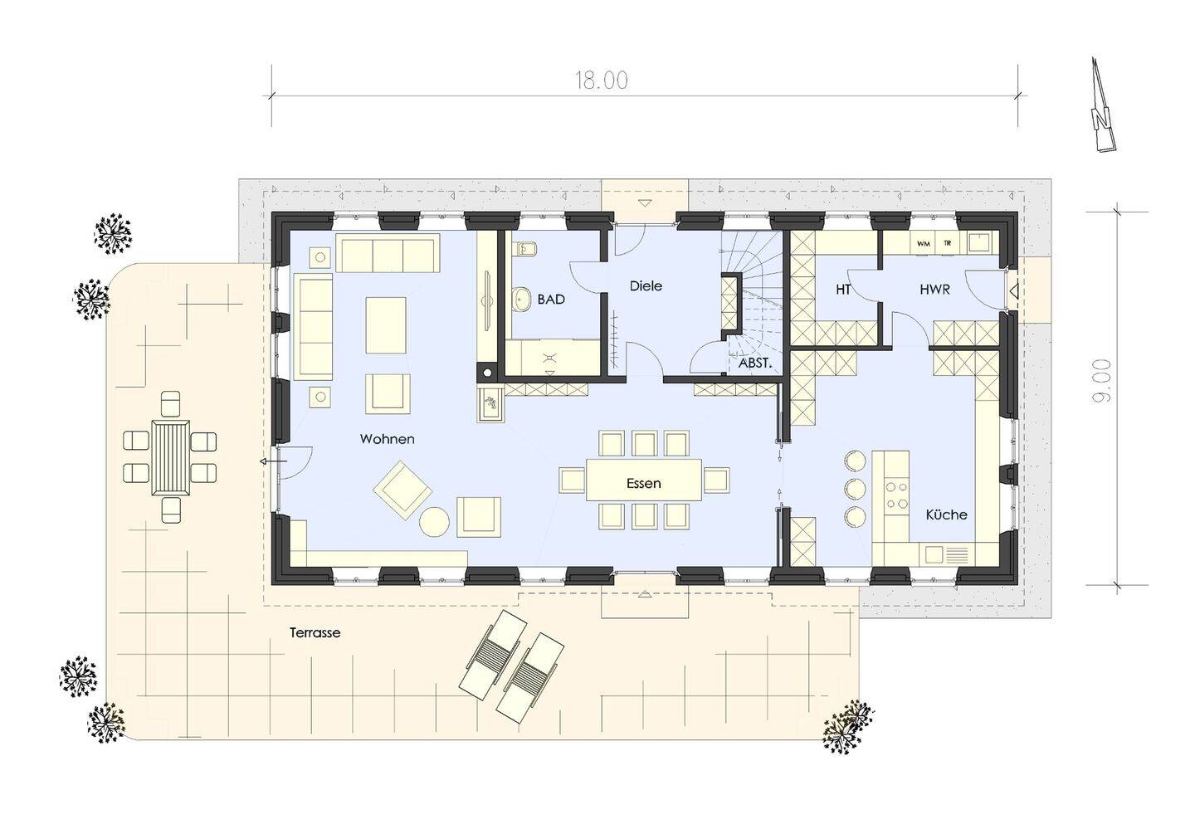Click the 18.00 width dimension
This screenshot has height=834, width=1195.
[x=601, y=80]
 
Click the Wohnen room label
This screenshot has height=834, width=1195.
[x=387, y=439]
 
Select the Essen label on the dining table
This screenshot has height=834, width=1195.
[x=643, y=484]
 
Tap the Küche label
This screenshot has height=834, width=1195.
[x=946, y=515]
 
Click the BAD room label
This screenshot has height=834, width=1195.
[x=550, y=300]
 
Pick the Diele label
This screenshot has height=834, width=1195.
[x=646, y=286]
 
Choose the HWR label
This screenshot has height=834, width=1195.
[x=934, y=290]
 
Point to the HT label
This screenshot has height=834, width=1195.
[x=843, y=290]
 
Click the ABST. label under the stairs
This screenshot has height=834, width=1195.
[x=755, y=364]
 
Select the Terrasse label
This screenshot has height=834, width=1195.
[x=315, y=633]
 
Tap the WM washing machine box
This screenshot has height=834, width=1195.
[x=924, y=243]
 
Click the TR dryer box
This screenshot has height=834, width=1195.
[x=948, y=243]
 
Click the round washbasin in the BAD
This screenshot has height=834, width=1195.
[x=522, y=299]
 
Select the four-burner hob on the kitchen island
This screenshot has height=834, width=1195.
[x=896, y=495]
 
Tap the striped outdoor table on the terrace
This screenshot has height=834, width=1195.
[x=171, y=458]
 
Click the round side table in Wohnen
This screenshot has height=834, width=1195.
[x=434, y=521]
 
